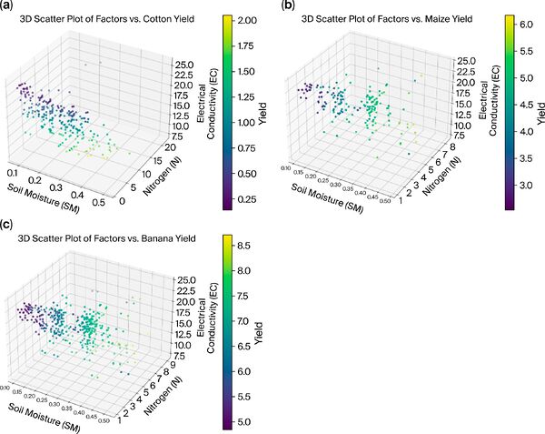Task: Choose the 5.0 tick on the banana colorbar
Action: (247, 422)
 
